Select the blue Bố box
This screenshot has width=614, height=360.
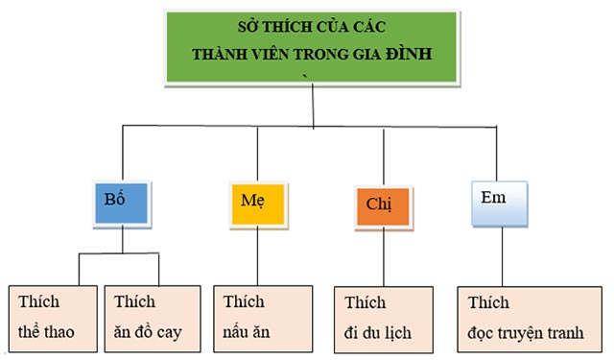click(122, 202)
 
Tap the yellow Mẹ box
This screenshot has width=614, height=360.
click(258, 202)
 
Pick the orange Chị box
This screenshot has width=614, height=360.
click(382, 205)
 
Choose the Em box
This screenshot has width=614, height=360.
click(500, 202)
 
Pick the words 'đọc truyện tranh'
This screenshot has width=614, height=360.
click(531, 334)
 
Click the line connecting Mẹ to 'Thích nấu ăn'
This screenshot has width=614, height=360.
click(258, 254)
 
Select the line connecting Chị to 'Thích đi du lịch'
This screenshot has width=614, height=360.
click(384, 257)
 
